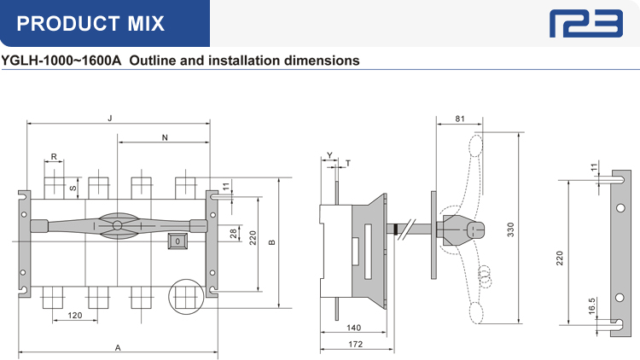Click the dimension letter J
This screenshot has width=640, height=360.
pos(110,118)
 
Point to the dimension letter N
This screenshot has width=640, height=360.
pos(164,136)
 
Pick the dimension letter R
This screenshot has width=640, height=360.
pos(54,156)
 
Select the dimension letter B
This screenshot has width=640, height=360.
pos(272,243)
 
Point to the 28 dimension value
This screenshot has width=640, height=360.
pos(234,232)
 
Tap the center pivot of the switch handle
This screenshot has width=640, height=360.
pos(117,225)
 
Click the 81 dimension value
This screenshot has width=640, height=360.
pos(459,119)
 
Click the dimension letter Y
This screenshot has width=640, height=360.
pos(329,155)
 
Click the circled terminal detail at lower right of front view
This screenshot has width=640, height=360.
pos(185,298)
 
